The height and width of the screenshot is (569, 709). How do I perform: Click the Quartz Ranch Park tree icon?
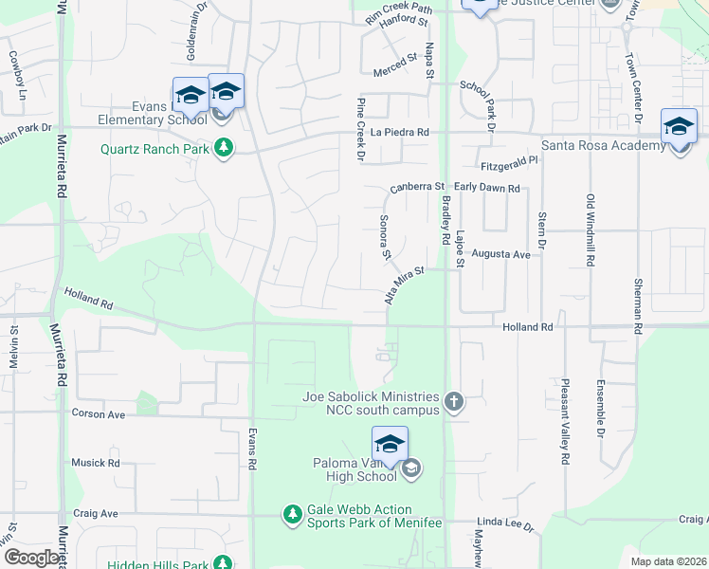coord(224,148)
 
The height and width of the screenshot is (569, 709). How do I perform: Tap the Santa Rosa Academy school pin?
coord(679,127)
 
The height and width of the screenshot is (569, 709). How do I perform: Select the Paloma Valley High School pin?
coord(389,444)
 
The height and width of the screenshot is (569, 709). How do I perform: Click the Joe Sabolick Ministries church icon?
coord(453,402)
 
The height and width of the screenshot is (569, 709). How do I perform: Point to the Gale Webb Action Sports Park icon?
coord(293,514)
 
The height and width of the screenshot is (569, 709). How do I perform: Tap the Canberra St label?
coord(416,187)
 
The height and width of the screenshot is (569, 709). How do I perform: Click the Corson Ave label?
coord(99,414)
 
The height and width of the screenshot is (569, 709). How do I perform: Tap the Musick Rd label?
coord(95,463)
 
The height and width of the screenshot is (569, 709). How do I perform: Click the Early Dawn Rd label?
coord(487,188)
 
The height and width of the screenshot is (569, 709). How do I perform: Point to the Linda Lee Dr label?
coord(505,523)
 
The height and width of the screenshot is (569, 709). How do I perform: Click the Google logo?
coord(31,558)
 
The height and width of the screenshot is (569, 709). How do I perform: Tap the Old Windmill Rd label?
coord(590,229)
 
